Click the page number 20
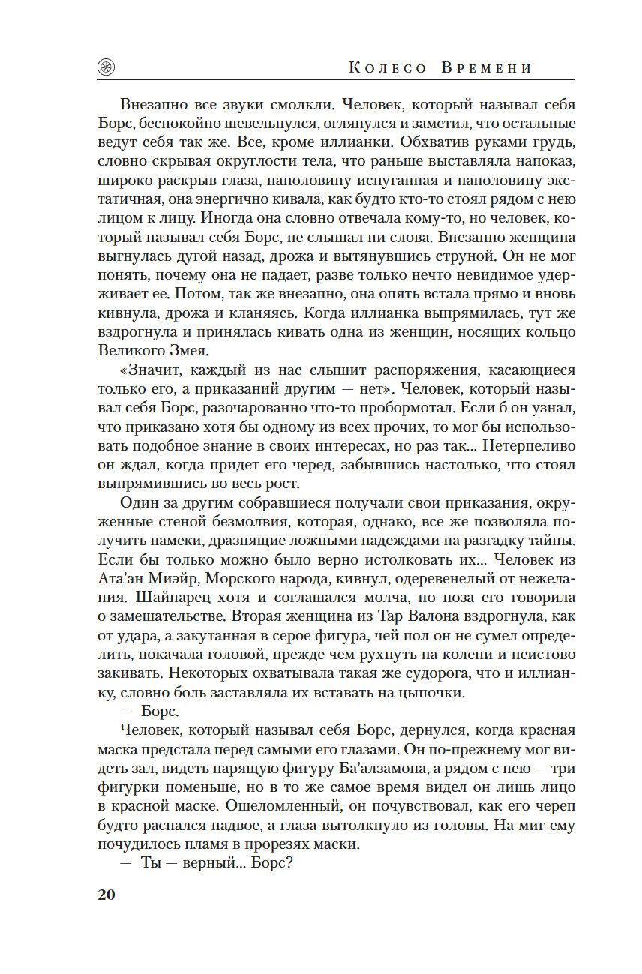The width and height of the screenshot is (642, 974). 106,895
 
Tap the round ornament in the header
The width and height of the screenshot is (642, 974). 106,67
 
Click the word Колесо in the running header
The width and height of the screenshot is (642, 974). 388,68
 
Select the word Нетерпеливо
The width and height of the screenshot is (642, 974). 529,445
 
